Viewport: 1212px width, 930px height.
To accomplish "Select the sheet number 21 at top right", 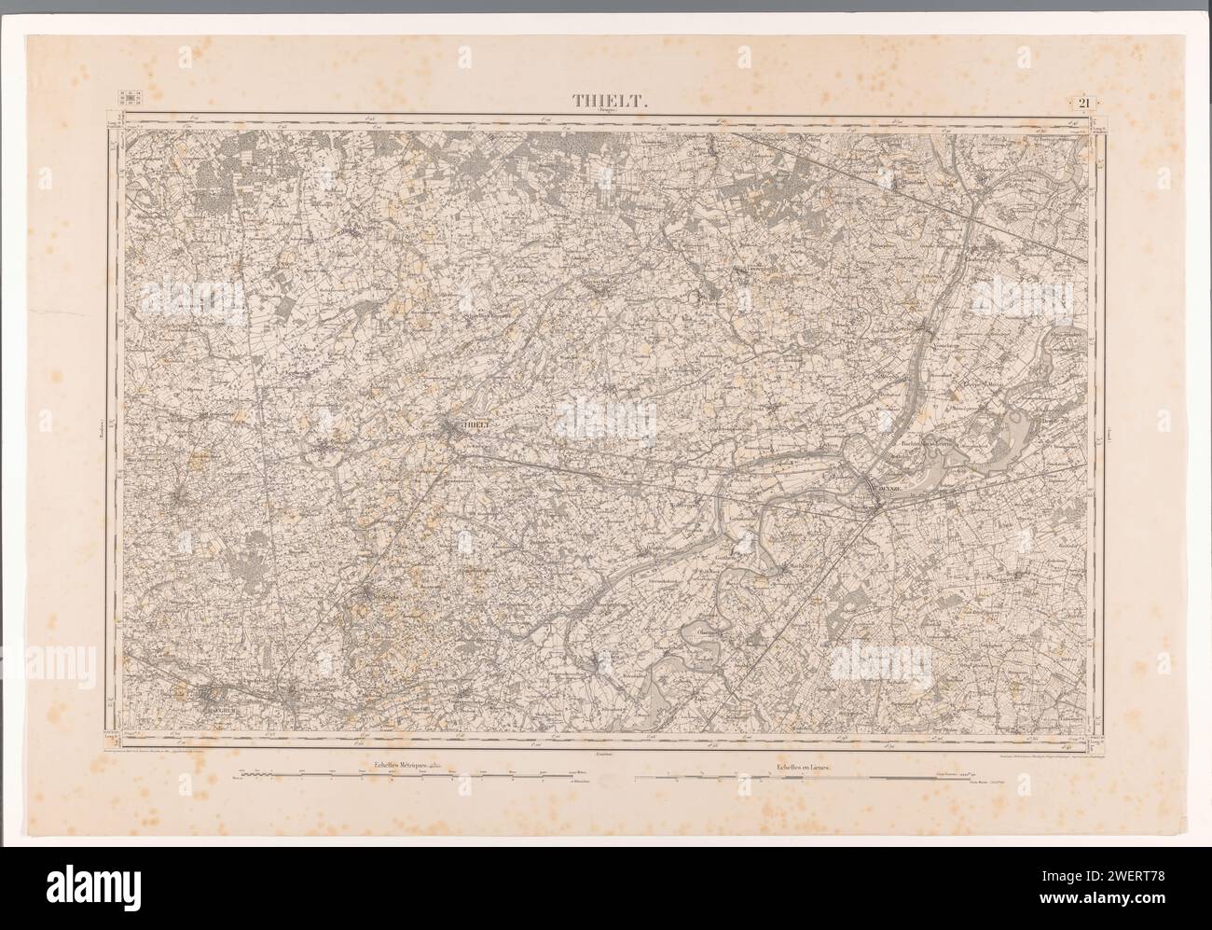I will [x=1084, y=103].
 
